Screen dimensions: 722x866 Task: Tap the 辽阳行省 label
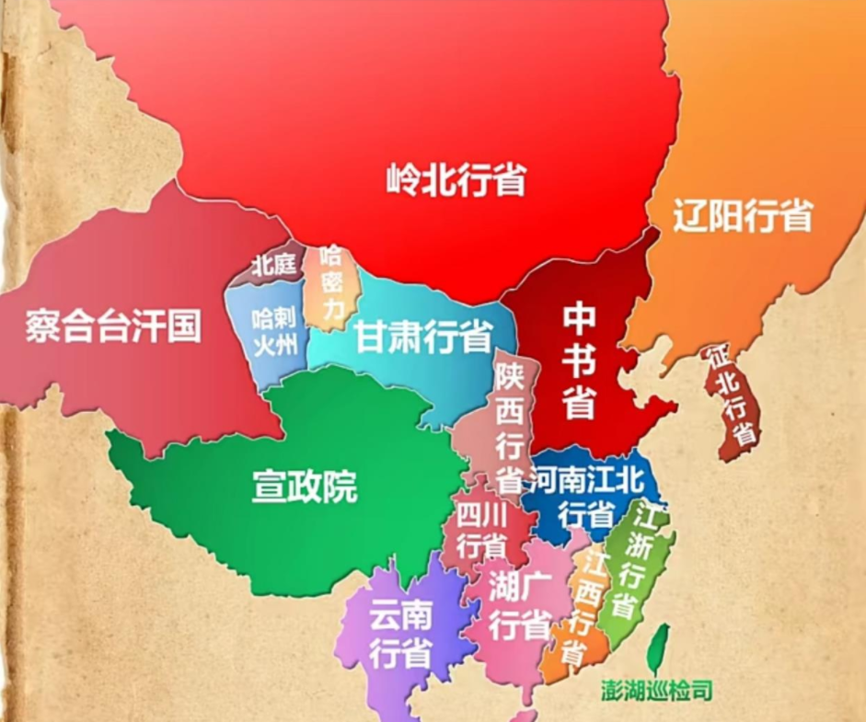pyautogui.click(x=742, y=216)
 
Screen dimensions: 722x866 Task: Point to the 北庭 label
pyautogui.click(x=273, y=266)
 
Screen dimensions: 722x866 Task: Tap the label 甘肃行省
pyautogui.click(x=423, y=338)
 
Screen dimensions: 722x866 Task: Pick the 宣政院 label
pyautogui.click(x=305, y=488)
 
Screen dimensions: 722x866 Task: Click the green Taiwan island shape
pyautogui.click(x=658, y=648)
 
